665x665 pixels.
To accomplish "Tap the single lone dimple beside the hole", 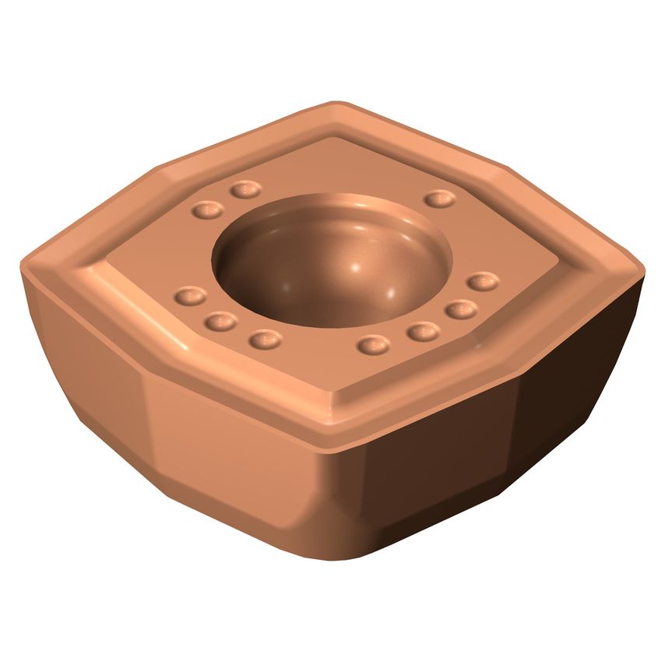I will tap(440, 199).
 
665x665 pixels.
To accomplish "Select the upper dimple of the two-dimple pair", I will tap(245, 189).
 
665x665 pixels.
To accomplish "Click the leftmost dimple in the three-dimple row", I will tap(190, 296).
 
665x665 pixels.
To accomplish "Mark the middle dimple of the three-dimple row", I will tap(222, 320).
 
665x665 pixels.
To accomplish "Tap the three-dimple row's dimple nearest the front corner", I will tap(265, 339).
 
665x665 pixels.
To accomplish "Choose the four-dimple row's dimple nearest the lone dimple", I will tap(483, 281).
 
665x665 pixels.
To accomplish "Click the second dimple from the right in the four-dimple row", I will tap(461, 309).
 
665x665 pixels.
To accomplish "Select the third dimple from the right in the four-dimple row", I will tap(423, 332).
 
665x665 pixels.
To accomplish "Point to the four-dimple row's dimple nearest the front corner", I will tap(375, 343).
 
